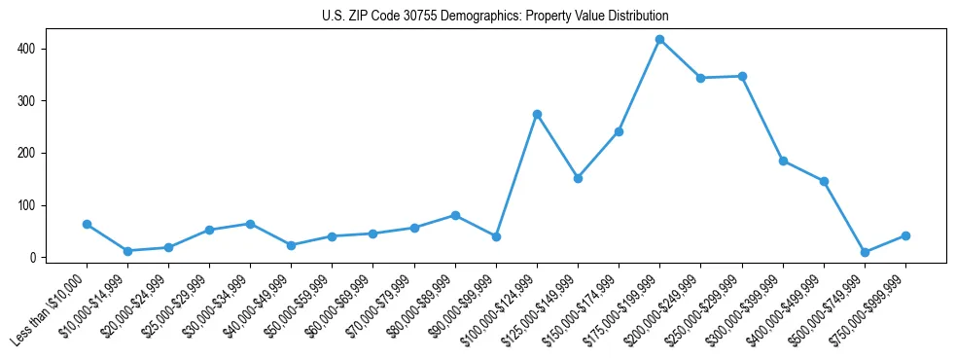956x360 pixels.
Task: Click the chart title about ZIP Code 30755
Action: coord(495,17)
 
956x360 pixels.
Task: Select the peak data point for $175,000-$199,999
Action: coord(659,40)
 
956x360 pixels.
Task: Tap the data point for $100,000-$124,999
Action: coord(537,114)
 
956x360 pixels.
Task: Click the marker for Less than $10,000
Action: coord(88,224)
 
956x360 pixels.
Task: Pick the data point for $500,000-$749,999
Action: coord(865,252)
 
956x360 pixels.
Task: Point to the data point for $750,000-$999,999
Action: coord(905,235)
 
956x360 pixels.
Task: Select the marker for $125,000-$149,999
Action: coord(578,178)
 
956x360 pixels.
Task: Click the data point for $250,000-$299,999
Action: coord(742,76)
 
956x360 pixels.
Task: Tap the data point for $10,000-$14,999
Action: coord(127,251)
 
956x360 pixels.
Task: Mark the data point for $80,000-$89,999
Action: coord(455,215)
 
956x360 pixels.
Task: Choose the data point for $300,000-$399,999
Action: coord(783,161)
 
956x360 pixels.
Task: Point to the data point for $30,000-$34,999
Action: coord(250,224)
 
